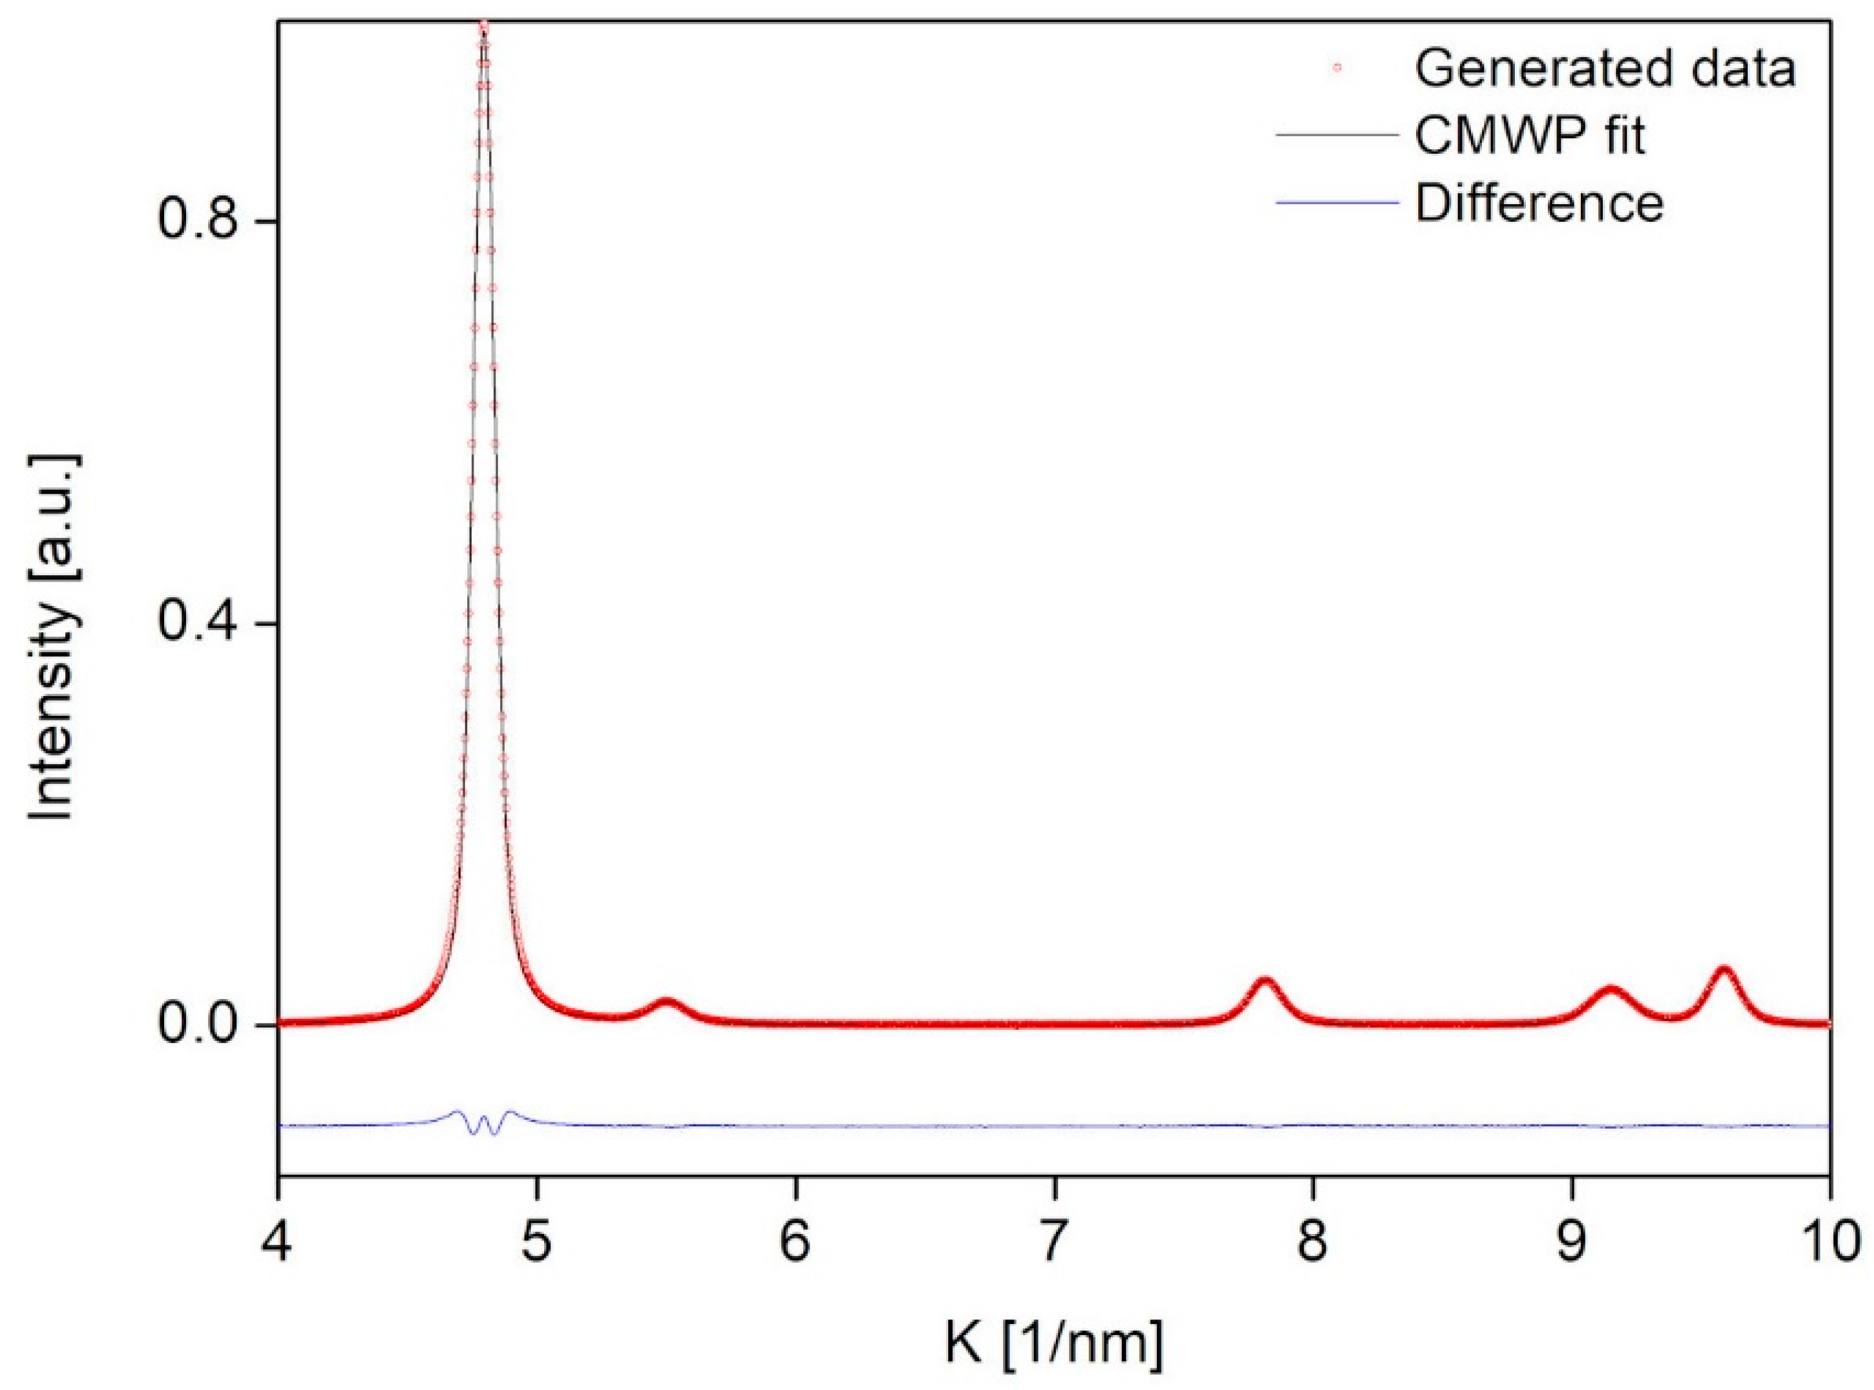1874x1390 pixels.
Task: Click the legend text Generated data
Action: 1605,69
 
